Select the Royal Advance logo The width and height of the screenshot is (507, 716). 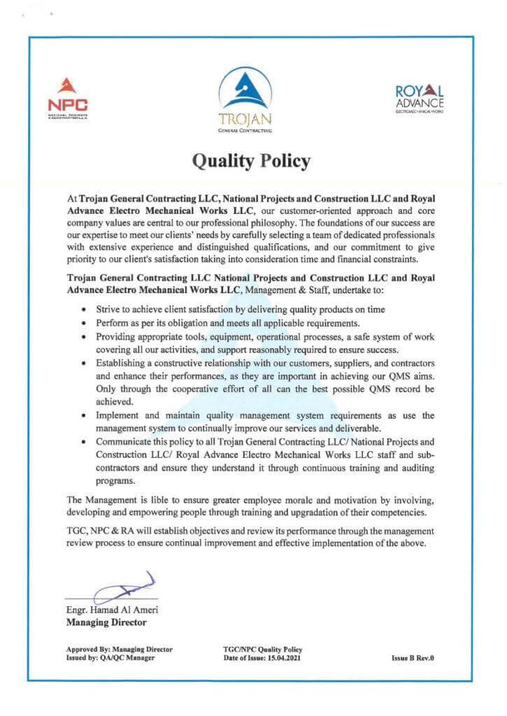(419, 99)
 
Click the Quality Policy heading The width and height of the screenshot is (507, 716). (251, 161)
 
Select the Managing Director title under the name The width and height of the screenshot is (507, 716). (106, 622)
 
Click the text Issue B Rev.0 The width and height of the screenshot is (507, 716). (413, 658)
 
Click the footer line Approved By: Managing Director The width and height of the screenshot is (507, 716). (119, 650)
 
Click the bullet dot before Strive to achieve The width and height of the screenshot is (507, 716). (84, 309)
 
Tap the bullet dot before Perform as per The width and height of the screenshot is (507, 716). (84, 323)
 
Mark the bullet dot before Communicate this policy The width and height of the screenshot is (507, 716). (84, 443)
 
